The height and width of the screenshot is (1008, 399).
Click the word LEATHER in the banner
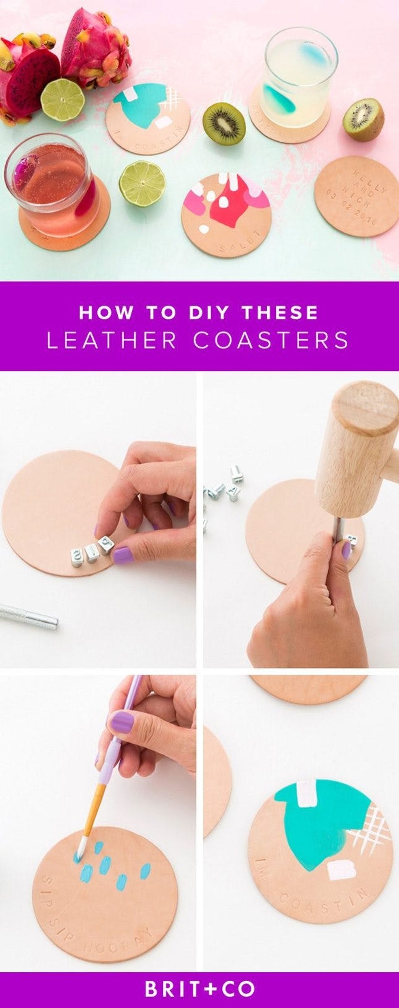coord(112,340)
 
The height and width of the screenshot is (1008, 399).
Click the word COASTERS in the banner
coord(271,340)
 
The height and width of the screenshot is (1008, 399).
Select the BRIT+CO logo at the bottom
coord(199,987)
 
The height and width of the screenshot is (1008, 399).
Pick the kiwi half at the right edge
coord(364,119)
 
